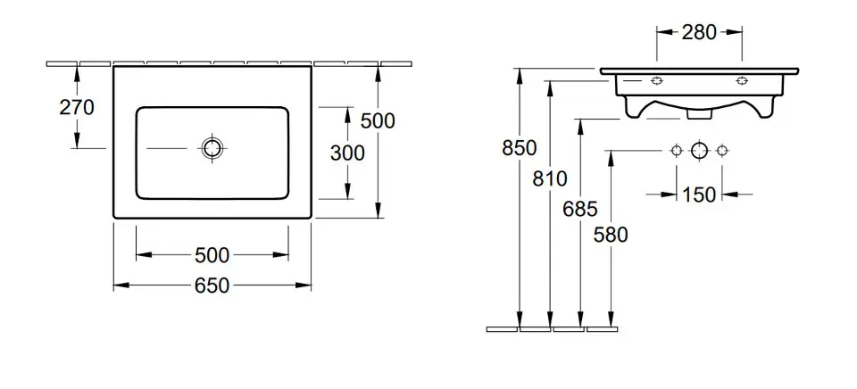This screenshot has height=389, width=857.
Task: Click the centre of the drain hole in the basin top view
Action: [212, 147]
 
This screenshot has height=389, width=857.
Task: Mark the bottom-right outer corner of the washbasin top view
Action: [311, 218]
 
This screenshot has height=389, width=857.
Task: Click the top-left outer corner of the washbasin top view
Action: [113, 67]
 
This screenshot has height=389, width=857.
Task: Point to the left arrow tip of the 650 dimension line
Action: [113, 286]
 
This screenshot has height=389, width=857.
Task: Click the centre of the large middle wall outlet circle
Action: [699, 150]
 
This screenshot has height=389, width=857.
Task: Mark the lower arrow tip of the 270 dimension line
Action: [77, 147]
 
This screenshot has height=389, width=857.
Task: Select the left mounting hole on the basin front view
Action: [657, 81]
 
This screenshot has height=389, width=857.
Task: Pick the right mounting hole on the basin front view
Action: [742, 81]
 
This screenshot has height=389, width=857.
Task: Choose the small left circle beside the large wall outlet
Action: [677, 150]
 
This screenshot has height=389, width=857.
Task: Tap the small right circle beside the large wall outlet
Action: [722, 150]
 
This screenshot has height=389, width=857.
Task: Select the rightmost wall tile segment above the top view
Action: [396, 64]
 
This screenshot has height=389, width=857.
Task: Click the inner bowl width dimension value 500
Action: [212, 254]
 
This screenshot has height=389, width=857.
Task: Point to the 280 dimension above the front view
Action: [699, 33]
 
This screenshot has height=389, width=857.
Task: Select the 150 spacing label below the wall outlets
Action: [699, 194]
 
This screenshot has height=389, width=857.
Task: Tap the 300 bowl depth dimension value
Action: [347, 153]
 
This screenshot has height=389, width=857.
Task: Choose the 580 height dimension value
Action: [611, 235]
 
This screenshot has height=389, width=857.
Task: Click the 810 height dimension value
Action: [551, 178]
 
